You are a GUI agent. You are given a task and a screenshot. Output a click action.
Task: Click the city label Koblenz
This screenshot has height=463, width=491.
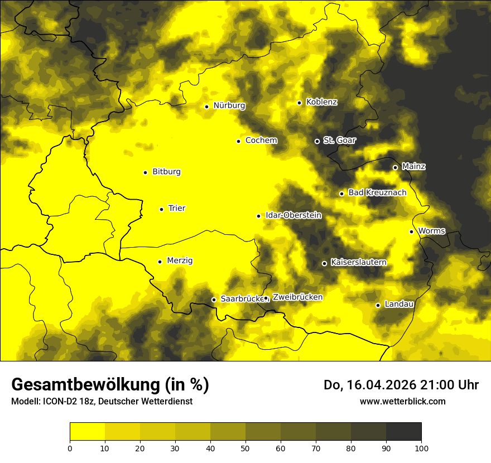click(321, 102)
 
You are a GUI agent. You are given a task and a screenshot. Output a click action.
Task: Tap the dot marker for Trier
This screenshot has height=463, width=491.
click(161, 209)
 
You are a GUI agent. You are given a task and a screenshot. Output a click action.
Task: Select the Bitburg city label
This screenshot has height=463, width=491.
click(166, 172)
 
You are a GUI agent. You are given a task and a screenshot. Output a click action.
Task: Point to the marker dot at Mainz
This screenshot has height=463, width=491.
click(395, 167)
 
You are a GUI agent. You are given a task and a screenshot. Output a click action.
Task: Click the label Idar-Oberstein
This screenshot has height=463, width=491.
click(293, 215)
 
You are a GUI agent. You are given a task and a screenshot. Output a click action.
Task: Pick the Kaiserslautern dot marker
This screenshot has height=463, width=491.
click(324, 263)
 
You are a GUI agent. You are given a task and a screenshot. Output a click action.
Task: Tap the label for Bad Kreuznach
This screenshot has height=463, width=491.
click(377, 192)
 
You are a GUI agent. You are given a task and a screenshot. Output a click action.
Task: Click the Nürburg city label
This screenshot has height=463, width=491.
click(229, 105)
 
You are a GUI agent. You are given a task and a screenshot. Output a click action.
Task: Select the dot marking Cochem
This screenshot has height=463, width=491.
click(238, 141)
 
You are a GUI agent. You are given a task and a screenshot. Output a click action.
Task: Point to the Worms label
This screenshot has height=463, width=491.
click(431, 231)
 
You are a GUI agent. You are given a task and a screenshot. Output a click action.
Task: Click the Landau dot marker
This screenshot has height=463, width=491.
click(378, 305)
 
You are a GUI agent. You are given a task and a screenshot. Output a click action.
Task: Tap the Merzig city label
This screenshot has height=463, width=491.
click(180, 261)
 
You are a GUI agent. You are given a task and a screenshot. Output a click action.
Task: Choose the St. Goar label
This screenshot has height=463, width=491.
click(339, 140)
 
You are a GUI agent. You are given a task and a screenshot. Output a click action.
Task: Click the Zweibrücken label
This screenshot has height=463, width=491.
click(297, 297)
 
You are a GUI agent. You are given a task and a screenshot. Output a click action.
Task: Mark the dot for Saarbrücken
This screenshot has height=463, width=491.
click(213, 300)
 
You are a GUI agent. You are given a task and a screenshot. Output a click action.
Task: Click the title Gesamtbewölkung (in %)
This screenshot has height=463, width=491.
click(110, 385)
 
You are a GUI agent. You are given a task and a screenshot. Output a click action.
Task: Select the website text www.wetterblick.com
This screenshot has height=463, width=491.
click(402, 401)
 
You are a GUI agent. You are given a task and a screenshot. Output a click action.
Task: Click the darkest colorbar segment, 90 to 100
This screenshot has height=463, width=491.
click(403, 431)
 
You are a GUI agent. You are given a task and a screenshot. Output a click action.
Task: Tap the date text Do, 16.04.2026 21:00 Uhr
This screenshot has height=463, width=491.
click(401, 385)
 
